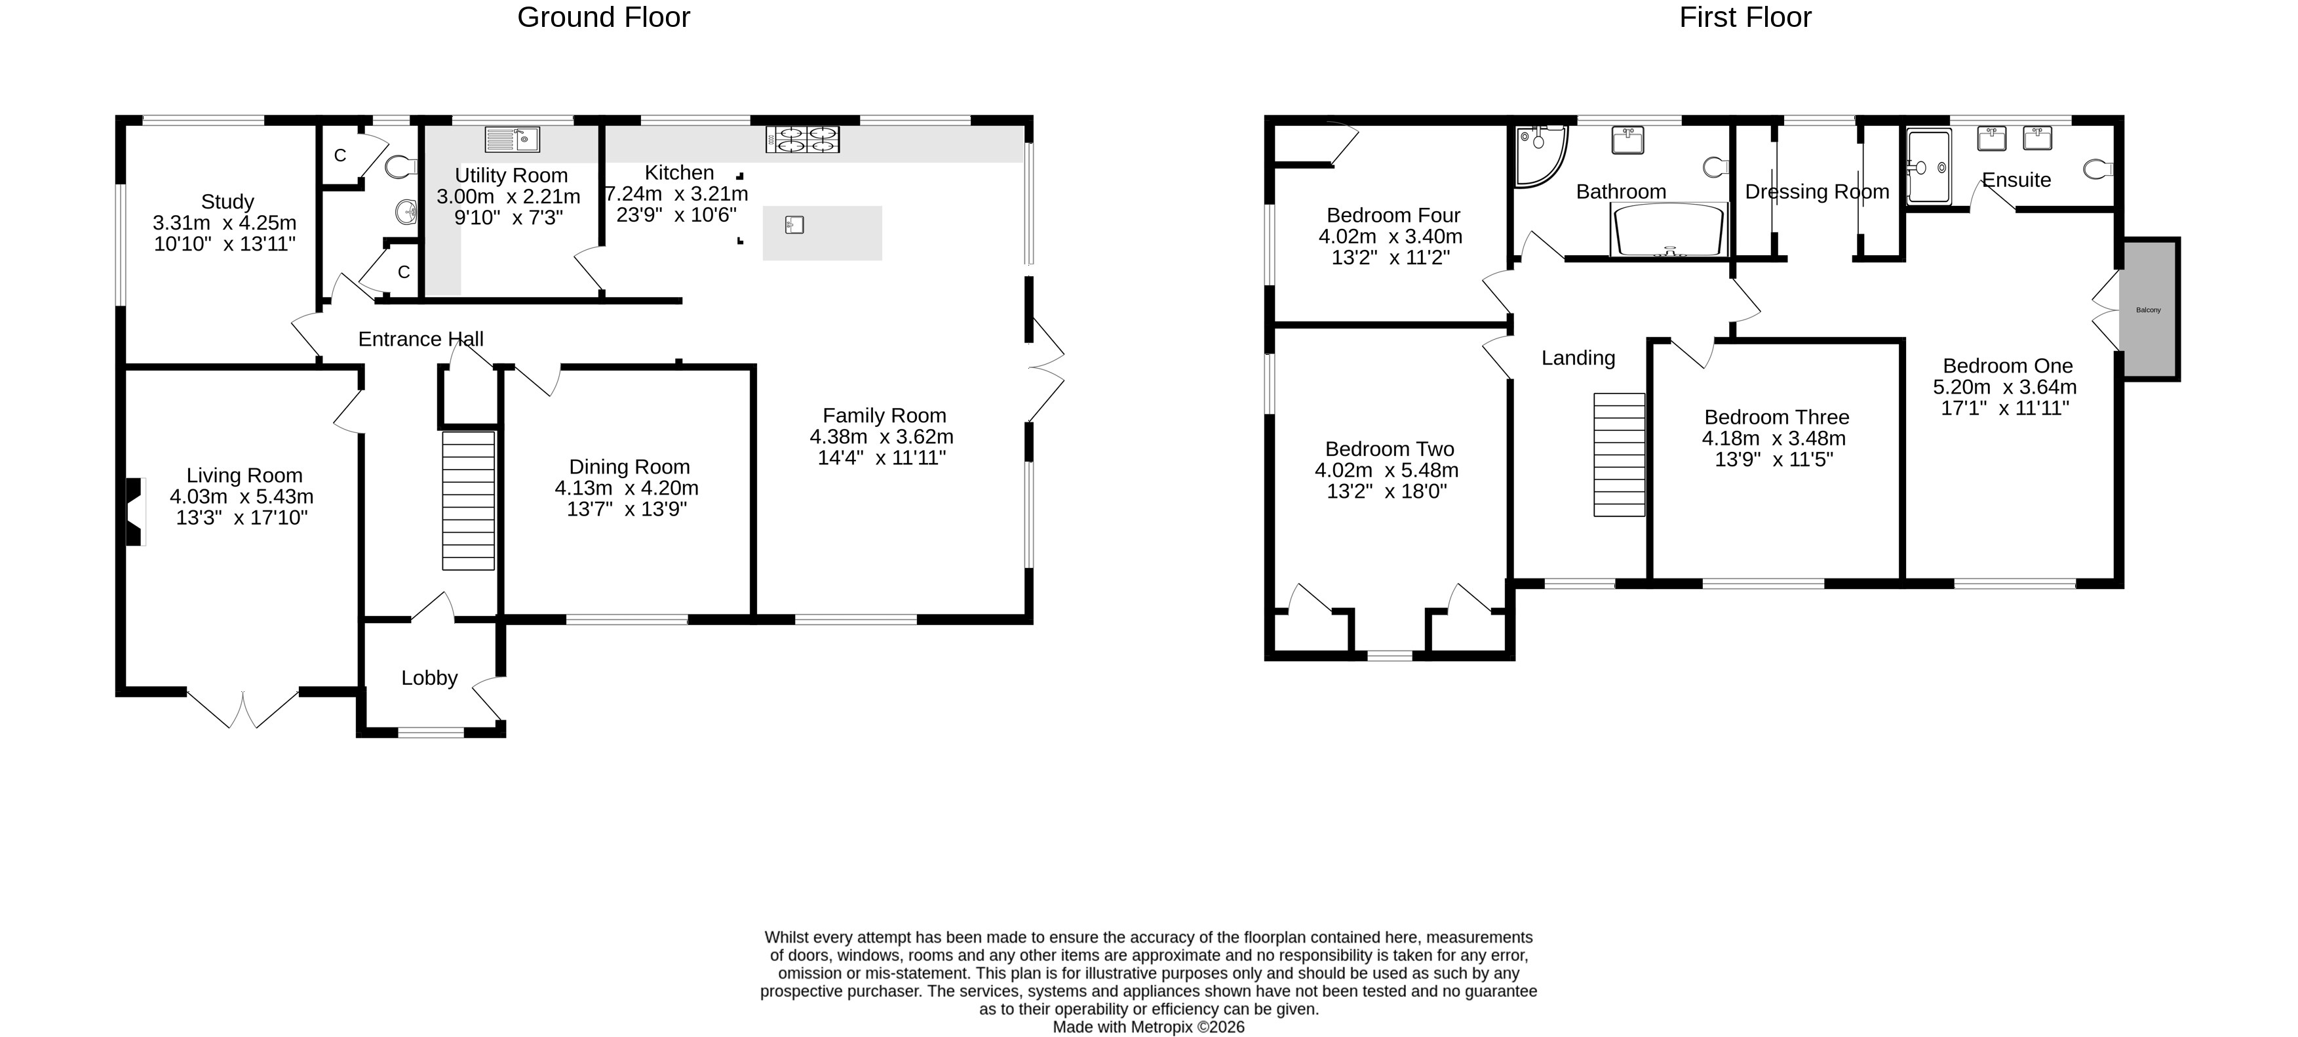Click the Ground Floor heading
click(603, 18)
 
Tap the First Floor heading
click(1745, 18)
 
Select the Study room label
click(227, 201)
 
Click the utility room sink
click(512, 139)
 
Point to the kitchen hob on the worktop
click(802, 139)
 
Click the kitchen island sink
click(794, 225)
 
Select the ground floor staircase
click(469, 500)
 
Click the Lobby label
click(429, 678)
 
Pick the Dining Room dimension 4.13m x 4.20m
click(626, 488)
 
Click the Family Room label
click(884, 416)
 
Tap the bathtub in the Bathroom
click(1667, 230)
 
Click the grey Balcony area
click(2148, 310)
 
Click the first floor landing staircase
click(1619, 455)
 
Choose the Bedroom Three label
click(1776, 418)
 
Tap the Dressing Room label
click(1816, 192)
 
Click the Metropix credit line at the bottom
click(1148, 1027)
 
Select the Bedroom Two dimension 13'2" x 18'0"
click(1386, 492)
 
